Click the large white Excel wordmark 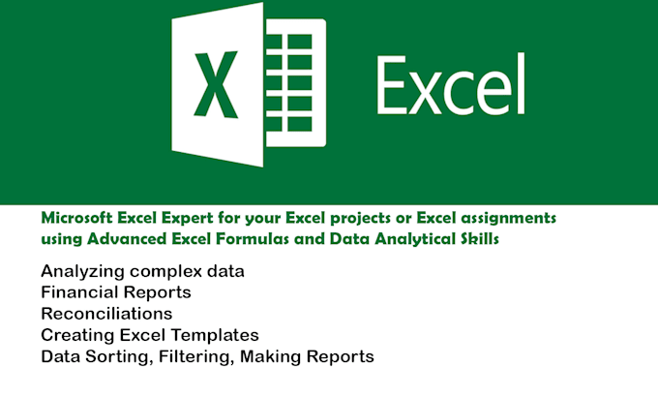(x=450, y=84)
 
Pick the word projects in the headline (x=338, y=220)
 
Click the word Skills (x=480, y=239)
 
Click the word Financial (x=78, y=292)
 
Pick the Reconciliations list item (x=106, y=314)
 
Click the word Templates (x=216, y=336)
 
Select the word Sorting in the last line (x=113, y=357)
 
